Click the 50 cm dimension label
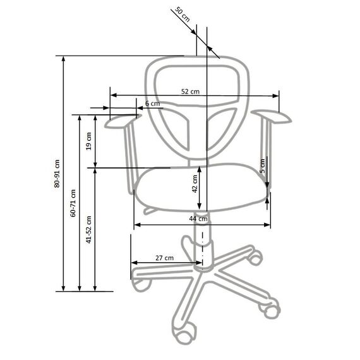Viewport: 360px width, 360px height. [183, 15]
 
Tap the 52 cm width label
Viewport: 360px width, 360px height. [190, 92]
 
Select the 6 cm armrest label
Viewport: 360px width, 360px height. [152, 104]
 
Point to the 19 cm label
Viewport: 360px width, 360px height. [89, 141]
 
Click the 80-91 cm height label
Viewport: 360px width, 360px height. [57, 174]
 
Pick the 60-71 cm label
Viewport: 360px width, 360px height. [73, 203]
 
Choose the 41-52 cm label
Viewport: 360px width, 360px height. [88, 229]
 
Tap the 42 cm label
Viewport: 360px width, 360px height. [195, 184]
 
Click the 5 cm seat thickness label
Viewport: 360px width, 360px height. [262, 165]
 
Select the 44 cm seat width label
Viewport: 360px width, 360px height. [198, 219]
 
